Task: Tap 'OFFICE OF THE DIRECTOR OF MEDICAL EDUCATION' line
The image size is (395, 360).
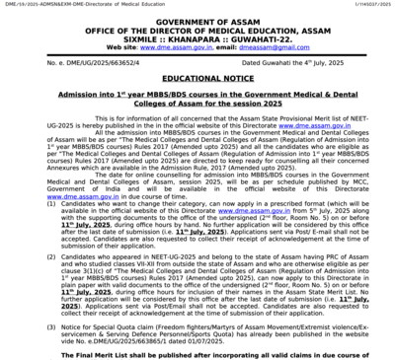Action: [197, 29]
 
